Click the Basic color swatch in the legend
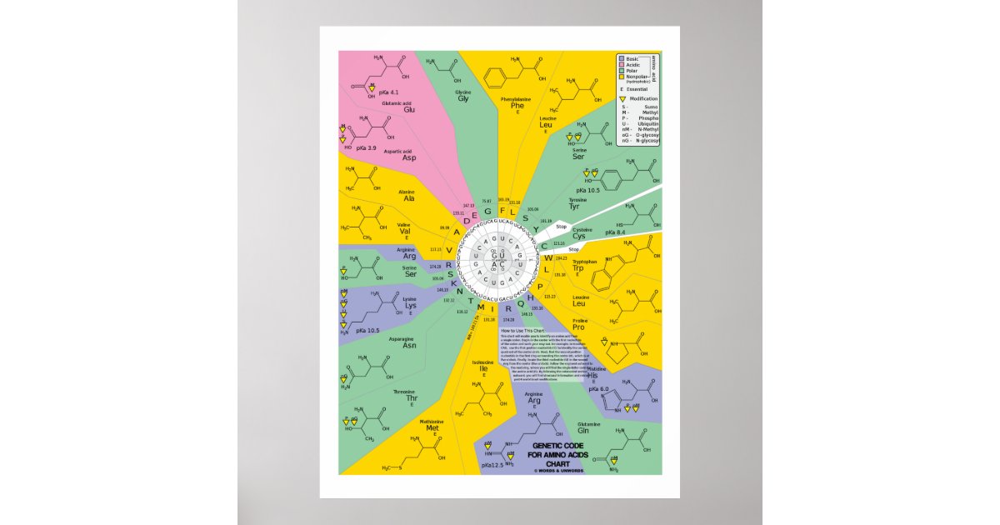(x=622, y=59)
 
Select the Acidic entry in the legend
(x=631, y=65)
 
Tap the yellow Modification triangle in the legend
(x=622, y=99)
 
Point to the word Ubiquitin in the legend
(x=649, y=126)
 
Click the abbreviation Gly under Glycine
(x=462, y=98)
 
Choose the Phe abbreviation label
(x=517, y=106)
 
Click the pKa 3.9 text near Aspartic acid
(x=367, y=147)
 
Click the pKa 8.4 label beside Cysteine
(x=615, y=232)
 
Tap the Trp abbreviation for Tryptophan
(x=577, y=267)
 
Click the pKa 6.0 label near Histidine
(x=599, y=389)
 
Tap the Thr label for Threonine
(x=412, y=397)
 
